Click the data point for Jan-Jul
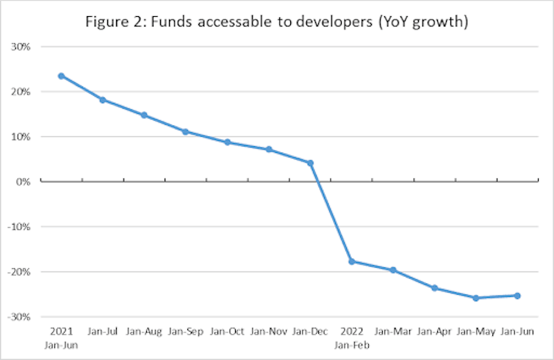[x=103, y=99]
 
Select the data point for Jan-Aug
[x=144, y=115]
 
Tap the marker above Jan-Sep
[x=186, y=132]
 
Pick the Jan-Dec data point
[x=310, y=163]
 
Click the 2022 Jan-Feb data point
[x=351, y=261]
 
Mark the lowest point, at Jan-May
[x=475, y=298]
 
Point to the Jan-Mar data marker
[x=393, y=270]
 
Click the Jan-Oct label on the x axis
[x=226, y=332]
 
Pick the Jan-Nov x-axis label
[x=268, y=332]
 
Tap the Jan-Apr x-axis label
[x=434, y=332]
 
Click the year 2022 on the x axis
[x=351, y=331]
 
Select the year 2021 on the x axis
[x=61, y=331]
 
